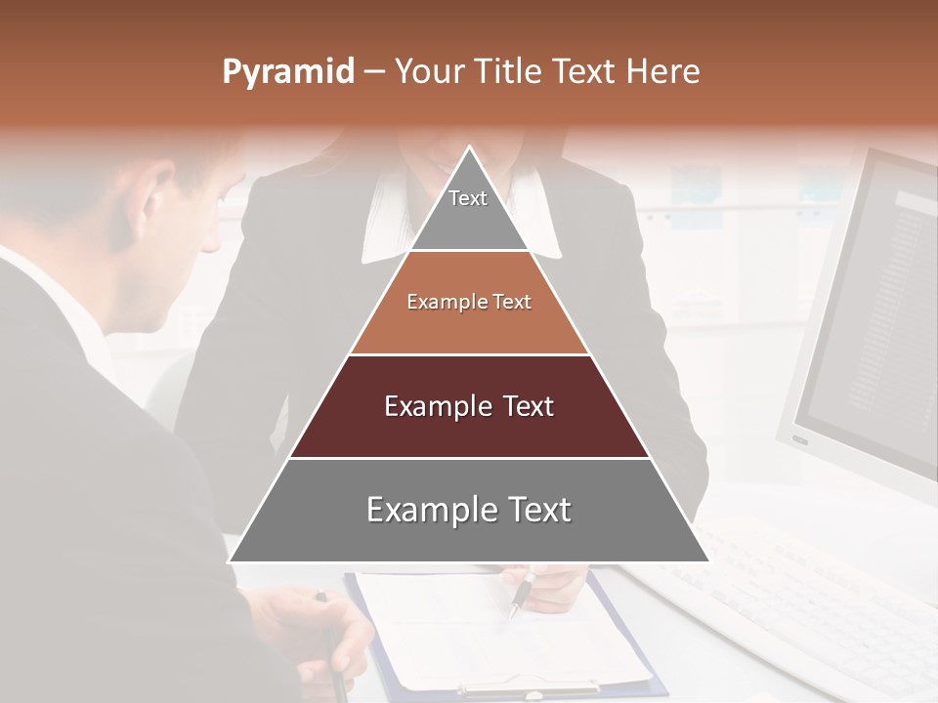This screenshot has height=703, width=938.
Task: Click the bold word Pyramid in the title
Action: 288,72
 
